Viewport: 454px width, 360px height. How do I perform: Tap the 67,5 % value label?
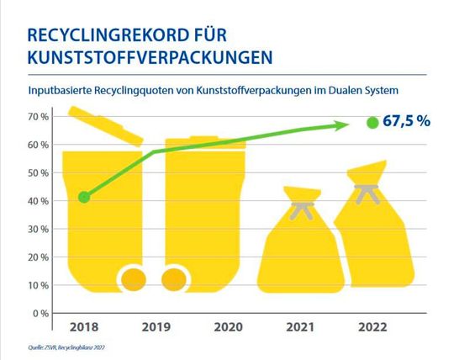406,121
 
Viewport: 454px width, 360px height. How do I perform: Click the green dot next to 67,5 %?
372,122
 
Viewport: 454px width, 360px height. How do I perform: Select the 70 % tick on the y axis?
38,116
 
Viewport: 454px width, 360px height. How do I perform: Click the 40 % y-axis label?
38,201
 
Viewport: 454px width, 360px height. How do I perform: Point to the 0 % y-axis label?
40,314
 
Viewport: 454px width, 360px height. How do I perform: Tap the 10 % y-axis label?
38,286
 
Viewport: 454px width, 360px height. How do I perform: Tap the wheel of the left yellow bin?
135,279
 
